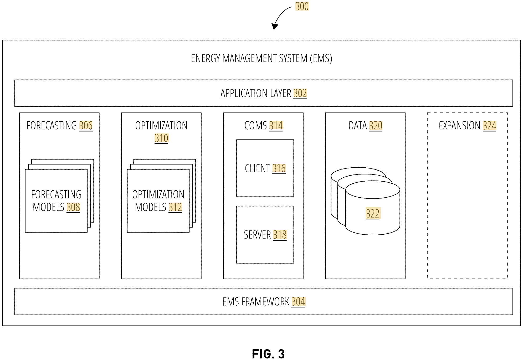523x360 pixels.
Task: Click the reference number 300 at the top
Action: point(302,6)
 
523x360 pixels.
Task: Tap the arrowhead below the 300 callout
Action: point(275,27)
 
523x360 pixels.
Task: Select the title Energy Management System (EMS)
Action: point(261,58)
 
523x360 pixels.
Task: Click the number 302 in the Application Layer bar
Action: point(300,94)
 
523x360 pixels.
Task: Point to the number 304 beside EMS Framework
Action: point(298,302)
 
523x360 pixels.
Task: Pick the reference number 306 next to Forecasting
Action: point(86,126)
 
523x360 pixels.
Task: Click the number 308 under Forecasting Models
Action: point(73,207)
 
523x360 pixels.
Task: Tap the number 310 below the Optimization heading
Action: point(161,138)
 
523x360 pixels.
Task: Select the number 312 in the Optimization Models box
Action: point(175,207)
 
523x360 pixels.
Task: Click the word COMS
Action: point(255,126)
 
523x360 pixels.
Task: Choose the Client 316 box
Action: point(265,168)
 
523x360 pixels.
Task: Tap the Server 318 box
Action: point(265,234)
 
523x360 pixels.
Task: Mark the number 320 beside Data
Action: point(376,126)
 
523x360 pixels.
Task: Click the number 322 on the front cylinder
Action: point(373,213)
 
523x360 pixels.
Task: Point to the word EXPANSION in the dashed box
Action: point(460,126)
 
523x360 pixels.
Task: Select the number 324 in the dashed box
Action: point(489,126)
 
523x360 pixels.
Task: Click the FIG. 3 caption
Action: point(268,354)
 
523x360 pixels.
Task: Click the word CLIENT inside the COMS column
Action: point(258,168)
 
